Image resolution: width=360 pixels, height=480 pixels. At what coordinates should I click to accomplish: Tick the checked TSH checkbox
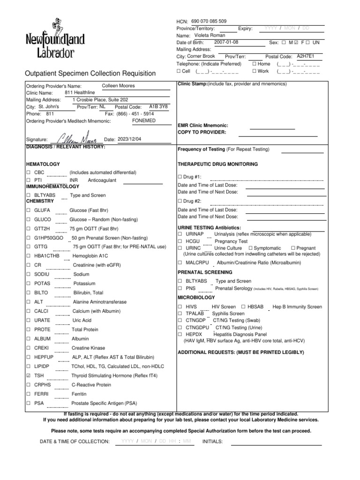[29, 376]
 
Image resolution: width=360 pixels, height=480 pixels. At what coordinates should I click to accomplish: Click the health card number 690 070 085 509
[209, 22]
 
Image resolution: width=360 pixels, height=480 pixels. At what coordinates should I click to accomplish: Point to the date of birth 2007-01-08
[226, 42]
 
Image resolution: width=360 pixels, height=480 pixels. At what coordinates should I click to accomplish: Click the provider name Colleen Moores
[118, 86]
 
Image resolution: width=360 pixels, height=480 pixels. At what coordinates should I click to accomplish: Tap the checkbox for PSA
[29, 403]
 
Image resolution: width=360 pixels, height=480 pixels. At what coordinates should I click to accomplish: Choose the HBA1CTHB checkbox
[29, 256]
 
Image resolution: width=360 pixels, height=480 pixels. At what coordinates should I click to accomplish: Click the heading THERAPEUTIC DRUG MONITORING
[217, 165]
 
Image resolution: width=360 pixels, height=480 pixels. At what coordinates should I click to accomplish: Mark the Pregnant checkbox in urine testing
[293, 248]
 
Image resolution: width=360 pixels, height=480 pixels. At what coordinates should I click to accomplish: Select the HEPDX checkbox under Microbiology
[180, 335]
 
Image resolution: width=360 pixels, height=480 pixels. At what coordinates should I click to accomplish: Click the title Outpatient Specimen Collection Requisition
[90, 73]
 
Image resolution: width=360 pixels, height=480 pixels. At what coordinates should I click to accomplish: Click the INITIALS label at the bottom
[212, 442]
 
